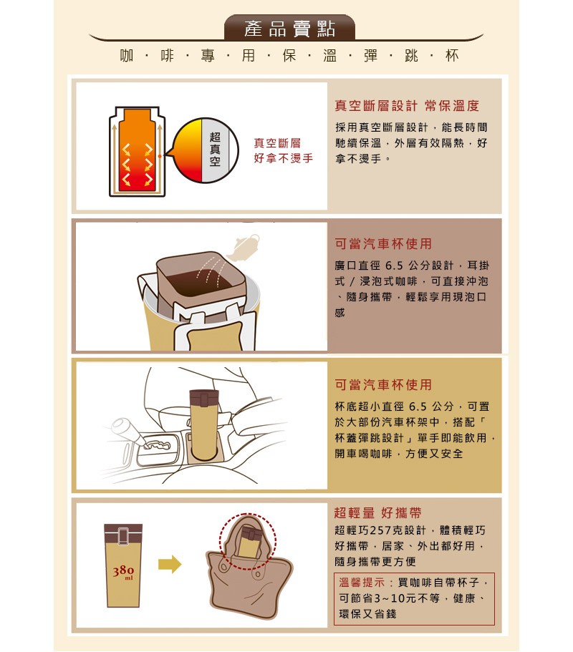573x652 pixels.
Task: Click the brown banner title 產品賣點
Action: [289, 29]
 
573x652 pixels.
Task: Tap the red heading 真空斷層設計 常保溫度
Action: [407, 106]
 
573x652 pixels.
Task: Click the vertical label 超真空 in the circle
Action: [215, 149]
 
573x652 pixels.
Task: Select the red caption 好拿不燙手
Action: [284, 158]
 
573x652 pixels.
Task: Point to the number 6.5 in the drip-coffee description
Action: [394, 266]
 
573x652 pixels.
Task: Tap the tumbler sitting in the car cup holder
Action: [204, 424]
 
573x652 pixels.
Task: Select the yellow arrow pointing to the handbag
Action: [170, 564]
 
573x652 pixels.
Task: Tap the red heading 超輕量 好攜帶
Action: [378, 512]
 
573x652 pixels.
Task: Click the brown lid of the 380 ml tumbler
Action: [123, 534]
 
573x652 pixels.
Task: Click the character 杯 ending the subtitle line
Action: [452, 55]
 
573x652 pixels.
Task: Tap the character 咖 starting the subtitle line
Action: [127, 55]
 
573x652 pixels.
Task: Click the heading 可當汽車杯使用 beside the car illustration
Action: [383, 384]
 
